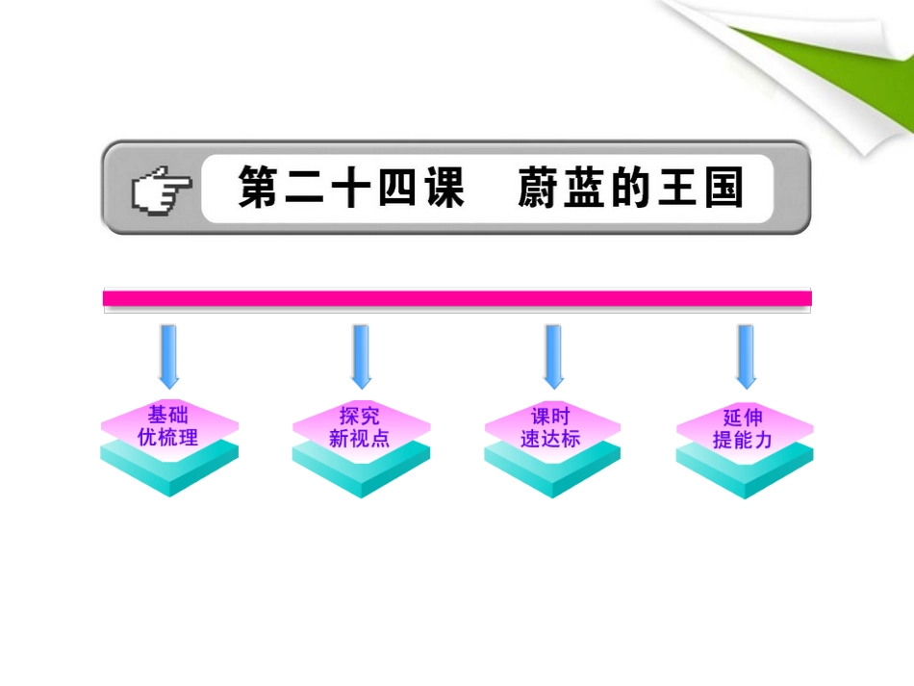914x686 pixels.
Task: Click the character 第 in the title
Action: pos(258,188)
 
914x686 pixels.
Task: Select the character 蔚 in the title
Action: pos(540,188)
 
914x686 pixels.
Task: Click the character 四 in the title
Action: pos(381,188)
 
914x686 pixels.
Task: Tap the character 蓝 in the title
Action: pos(585,188)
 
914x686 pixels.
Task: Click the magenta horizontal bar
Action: pos(457,298)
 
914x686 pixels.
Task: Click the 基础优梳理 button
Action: pos(168,426)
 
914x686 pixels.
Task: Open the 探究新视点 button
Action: pos(361,426)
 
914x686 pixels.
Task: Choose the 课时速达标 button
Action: pos(551,426)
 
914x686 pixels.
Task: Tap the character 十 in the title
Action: pos(319,188)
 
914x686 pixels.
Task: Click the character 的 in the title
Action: pos(631,188)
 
